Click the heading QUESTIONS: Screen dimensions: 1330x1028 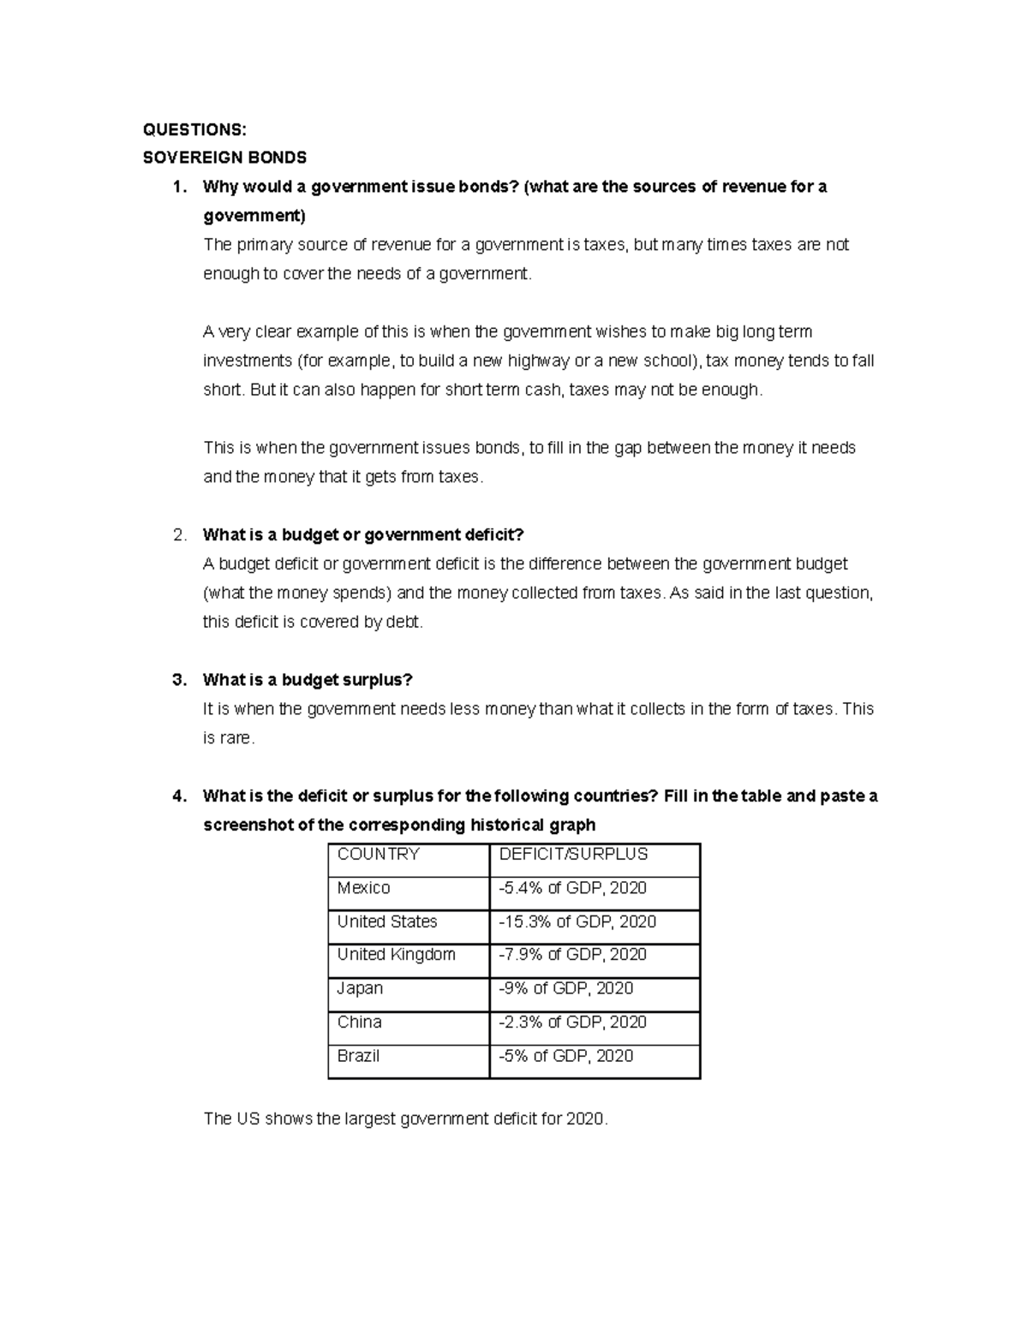click(194, 129)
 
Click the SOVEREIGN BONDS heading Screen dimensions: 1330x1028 click(224, 158)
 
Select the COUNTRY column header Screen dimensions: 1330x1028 click(378, 854)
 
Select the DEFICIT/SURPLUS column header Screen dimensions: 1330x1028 click(573, 854)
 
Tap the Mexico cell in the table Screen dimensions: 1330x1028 click(363, 888)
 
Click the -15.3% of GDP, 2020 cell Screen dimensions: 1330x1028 click(577, 921)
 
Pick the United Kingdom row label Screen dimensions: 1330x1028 click(396, 955)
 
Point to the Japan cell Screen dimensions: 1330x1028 click(360, 988)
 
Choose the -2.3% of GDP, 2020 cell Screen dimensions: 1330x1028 click(572, 1022)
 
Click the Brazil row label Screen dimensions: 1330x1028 click(358, 1056)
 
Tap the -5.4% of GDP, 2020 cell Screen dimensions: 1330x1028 click(572, 888)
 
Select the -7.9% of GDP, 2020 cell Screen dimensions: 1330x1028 click(572, 955)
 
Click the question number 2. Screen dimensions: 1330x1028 click(179, 535)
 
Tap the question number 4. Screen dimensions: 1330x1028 click(179, 796)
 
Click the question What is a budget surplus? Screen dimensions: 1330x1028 click(308, 680)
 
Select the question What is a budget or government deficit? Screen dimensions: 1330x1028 click(362, 535)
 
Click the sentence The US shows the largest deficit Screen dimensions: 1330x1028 click(405, 1118)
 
